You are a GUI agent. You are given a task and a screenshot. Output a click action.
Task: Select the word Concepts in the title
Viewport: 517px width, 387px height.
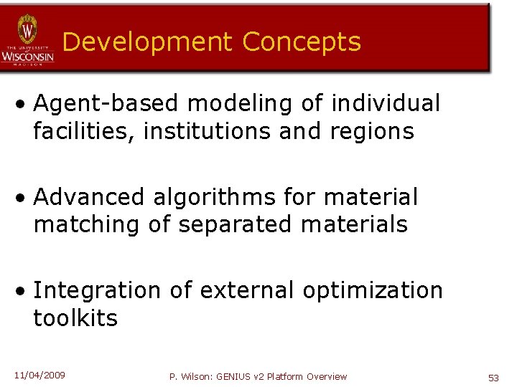pos(302,42)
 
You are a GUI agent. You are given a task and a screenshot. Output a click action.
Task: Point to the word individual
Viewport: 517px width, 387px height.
pos(386,104)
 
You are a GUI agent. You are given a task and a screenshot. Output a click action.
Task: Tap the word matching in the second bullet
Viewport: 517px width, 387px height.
pos(87,224)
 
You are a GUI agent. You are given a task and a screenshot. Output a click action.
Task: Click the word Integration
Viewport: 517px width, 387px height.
pos(98,290)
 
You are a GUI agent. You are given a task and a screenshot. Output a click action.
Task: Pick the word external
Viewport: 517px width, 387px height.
pos(247,290)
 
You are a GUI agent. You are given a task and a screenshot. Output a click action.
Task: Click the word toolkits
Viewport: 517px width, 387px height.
pos(75,318)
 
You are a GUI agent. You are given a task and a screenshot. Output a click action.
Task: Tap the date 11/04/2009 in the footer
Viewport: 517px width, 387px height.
pos(39,375)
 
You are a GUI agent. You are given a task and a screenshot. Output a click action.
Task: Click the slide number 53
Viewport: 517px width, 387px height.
pos(493,377)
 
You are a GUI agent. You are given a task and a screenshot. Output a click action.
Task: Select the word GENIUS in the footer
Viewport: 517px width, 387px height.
pos(231,377)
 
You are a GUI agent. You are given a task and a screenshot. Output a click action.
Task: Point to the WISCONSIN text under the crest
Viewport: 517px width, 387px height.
pos(27,55)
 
